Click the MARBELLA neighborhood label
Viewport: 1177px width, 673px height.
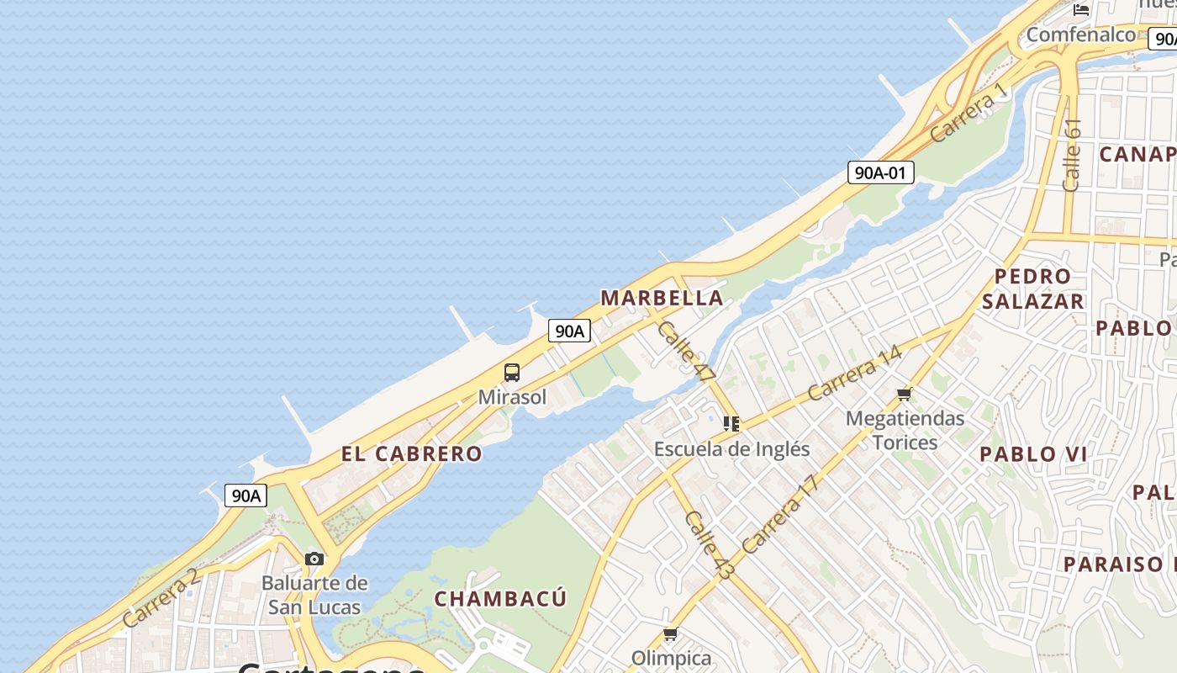click(x=662, y=298)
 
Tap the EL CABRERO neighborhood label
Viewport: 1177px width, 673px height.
click(x=412, y=453)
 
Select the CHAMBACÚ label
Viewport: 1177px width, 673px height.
click(x=500, y=598)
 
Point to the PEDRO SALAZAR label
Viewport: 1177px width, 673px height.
click(x=1032, y=289)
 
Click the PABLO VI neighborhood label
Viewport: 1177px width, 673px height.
click(x=1033, y=454)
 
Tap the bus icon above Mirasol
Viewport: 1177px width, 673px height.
click(x=512, y=372)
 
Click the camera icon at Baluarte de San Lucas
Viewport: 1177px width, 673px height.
click(x=314, y=559)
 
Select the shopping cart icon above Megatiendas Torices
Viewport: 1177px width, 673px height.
click(x=905, y=393)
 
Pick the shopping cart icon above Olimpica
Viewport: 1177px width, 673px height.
click(x=670, y=633)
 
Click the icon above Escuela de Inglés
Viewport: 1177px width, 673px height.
click(x=731, y=424)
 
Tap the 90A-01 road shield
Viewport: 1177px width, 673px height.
click(x=880, y=172)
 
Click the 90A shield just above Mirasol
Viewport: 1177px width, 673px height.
click(x=569, y=331)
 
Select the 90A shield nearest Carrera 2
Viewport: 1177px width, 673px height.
click(x=246, y=495)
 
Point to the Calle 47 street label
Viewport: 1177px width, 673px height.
click(x=685, y=352)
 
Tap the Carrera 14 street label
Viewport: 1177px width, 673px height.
click(x=854, y=373)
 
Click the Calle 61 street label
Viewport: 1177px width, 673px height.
click(x=1071, y=154)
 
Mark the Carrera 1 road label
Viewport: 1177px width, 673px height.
click(x=969, y=112)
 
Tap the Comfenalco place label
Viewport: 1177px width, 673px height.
click(x=1080, y=34)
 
